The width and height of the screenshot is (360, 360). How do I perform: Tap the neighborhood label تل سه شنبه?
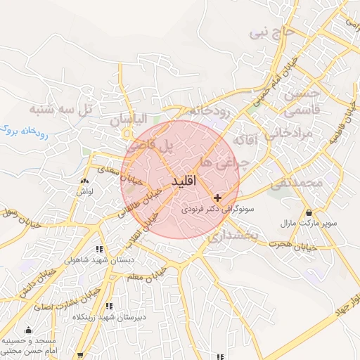click(61, 110)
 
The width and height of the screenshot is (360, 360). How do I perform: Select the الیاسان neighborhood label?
click(131, 120)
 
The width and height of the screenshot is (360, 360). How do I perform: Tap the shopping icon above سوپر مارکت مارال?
click(309, 212)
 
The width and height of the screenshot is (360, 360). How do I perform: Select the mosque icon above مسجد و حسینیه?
click(28, 330)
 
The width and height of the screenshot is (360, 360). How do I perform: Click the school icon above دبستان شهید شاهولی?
click(99, 249)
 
